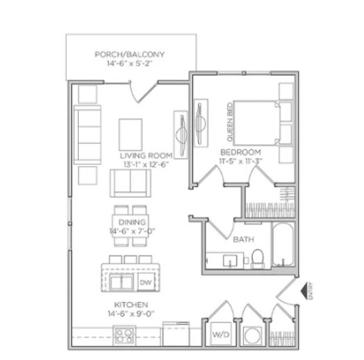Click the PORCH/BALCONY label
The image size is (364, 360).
coord(130,54)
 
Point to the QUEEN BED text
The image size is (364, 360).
coord(231,125)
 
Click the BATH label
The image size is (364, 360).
coord(244,238)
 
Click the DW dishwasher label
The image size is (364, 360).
coord(146,282)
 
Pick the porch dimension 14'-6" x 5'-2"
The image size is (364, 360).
coord(130,64)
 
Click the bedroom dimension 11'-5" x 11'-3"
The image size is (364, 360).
coord(238,161)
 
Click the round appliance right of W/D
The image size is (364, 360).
coord(252,335)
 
